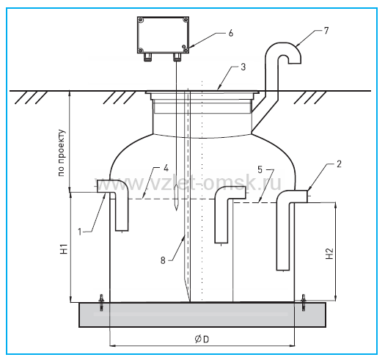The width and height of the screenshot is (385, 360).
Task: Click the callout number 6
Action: (x=231, y=33)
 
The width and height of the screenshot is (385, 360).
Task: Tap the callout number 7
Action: (x=326, y=31)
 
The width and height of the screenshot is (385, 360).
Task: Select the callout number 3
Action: (x=243, y=67)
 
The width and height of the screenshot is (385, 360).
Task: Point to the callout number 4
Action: (x=166, y=168)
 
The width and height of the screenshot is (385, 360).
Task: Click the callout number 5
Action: (x=260, y=169)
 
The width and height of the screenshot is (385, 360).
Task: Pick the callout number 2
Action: (x=339, y=164)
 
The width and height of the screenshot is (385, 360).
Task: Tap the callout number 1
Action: (x=79, y=232)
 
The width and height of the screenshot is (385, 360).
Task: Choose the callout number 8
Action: (x=163, y=260)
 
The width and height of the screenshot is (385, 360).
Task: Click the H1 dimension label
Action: (x=64, y=249)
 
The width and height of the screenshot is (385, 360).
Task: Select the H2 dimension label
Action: (x=329, y=254)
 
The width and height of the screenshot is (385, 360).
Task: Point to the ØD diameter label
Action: (x=202, y=339)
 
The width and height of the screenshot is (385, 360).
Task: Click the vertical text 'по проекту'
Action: (x=62, y=153)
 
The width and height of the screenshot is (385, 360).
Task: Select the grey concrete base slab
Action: (x=202, y=315)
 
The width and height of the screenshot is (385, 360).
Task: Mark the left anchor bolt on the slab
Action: (x=101, y=303)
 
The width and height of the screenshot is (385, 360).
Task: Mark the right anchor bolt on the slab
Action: (x=304, y=303)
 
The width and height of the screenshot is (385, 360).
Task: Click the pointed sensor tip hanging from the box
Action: (x=176, y=199)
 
